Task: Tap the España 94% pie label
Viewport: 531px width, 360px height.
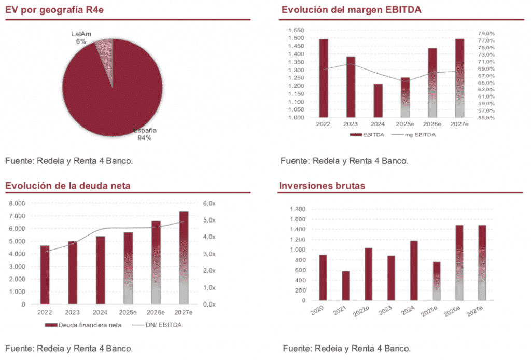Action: (145, 134)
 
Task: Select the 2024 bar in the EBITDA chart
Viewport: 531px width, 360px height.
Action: (378, 101)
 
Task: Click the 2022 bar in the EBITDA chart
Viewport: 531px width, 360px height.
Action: (324, 78)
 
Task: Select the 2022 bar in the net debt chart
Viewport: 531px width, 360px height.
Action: (45, 275)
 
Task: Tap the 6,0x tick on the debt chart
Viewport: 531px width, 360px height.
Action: (208, 203)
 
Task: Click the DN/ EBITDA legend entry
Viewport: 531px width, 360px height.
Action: (159, 325)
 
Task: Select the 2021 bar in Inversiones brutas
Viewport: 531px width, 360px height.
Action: (345, 286)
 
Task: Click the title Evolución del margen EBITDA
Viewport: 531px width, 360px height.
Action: (351, 10)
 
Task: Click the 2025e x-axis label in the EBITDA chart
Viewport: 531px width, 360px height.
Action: (404, 124)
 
